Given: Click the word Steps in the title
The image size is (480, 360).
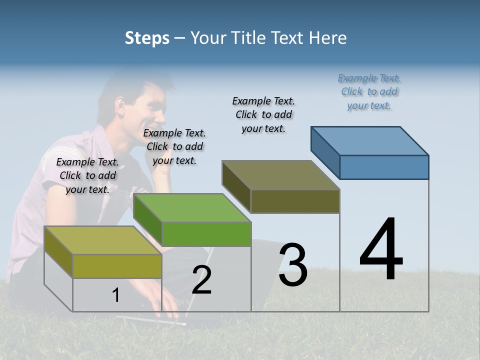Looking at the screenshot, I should pos(147,38).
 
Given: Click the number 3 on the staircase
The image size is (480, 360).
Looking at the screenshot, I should pos(293,265).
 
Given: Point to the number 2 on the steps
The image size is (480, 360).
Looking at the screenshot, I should pos(201,280).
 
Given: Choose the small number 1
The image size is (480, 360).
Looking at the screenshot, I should pos(115,295).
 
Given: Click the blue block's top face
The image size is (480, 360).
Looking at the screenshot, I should pos(370,141).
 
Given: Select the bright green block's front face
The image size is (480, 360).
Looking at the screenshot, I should pos(206,234).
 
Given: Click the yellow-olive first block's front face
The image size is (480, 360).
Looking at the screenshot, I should pos(117,266).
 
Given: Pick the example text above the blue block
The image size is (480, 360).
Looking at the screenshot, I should pos(369,91).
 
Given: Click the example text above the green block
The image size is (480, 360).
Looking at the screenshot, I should pos(174,146).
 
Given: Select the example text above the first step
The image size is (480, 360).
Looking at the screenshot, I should pos(87,175).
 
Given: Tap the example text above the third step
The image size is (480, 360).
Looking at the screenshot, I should pos(263,114).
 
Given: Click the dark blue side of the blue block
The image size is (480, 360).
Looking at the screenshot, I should pos(325,152).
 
